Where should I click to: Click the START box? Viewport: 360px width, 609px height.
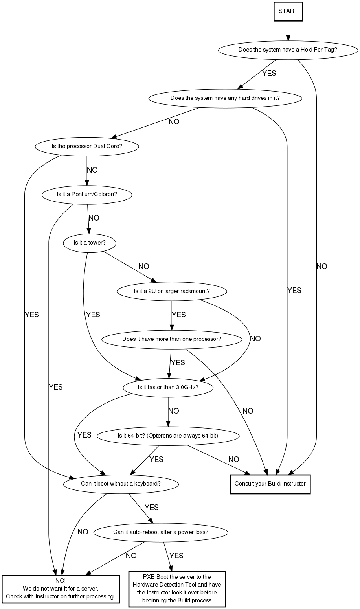[x=288, y=11]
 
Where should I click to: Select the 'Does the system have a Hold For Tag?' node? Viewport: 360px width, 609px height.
[x=288, y=50]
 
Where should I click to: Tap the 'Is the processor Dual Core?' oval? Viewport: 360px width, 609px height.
[x=87, y=147]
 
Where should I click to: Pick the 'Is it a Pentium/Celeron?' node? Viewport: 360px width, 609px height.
[x=87, y=195]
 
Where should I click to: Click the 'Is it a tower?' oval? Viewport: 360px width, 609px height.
[x=90, y=243]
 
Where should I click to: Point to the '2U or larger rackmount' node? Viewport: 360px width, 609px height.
[x=172, y=291]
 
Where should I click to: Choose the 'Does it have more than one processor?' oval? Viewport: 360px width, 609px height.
[x=171, y=339]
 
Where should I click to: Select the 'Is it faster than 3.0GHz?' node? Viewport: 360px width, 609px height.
[x=168, y=387]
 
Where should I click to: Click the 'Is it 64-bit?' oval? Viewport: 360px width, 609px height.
[x=168, y=436]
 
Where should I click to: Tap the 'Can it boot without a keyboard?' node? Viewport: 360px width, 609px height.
[x=121, y=484]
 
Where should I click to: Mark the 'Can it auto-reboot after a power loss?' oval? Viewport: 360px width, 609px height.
[x=161, y=532]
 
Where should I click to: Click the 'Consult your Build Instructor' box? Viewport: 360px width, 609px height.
[x=270, y=484]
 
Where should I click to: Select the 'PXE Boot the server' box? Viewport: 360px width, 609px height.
[x=176, y=589]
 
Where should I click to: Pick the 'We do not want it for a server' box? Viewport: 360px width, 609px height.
[x=60, y=589]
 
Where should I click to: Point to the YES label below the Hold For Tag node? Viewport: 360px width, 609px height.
[x=269, y=74]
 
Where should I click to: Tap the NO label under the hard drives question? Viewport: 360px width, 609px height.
[x=174, y=122]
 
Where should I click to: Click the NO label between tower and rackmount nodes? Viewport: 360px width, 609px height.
[x=144, y=267]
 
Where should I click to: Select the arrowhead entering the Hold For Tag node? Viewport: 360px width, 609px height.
[x=288, y=38]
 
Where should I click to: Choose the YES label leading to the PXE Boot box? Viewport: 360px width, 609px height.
[x=176, y=556]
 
